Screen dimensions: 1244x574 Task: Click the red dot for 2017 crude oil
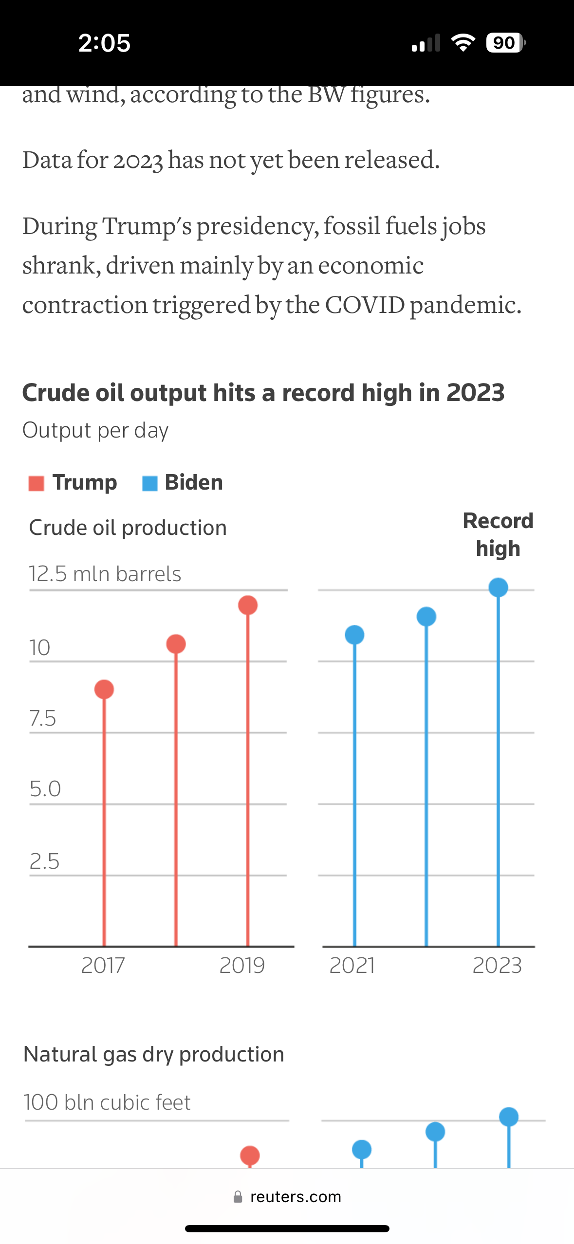[104, 689]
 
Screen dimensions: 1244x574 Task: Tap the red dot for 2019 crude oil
[248, 605]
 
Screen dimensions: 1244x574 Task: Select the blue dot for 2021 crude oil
[354, 635]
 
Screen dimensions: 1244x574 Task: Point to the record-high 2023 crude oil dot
[498, 587]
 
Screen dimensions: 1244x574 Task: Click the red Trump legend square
[37, 483]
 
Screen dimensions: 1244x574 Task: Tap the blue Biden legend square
[149, 483]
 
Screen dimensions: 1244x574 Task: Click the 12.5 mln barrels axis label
[105, 574]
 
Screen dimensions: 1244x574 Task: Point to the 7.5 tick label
[43, 718]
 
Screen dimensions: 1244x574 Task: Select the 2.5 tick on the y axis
[44, 861]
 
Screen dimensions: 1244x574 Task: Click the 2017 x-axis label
[103, 965]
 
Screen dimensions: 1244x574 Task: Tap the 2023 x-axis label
[497, 965]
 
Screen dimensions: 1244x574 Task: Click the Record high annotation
[498, 534]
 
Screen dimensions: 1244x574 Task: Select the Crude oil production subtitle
[128, 528]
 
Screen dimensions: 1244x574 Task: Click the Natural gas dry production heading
[154, 1054]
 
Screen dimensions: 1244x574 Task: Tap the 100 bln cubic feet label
[107, 1102]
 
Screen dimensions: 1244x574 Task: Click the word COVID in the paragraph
[365, 305]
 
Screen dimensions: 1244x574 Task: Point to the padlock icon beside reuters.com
[238, 1197]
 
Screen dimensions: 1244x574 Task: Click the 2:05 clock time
[104, 43]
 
